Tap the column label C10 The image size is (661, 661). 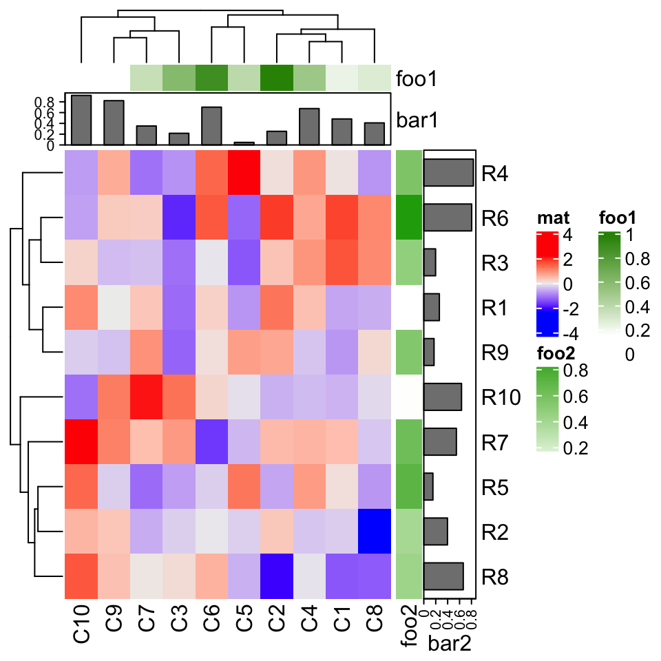pos(81,623)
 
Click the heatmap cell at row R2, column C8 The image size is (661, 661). pos(375,532)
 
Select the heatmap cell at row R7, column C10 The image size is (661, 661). pos(81,442)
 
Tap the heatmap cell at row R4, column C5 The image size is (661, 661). pos(244,173)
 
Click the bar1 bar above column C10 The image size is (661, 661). pos(81,120)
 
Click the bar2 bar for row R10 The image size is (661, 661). pos(443,397)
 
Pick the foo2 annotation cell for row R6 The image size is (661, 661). pos(408,218)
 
